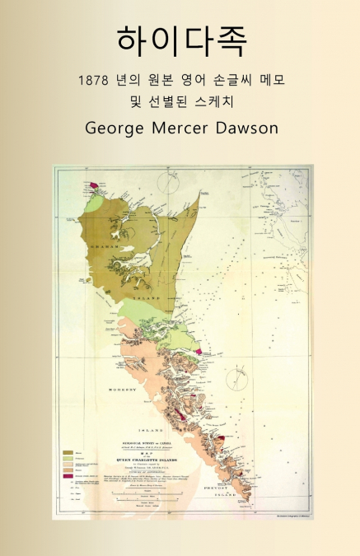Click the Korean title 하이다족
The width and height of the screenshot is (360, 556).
tap(180, 40)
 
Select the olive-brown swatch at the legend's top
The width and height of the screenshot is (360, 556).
tap(67, 451)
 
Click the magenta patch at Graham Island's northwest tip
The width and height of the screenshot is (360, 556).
tap(94, 185)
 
